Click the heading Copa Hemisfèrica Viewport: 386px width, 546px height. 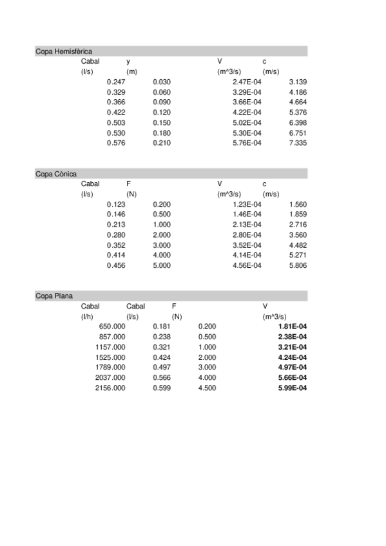coord(63,51)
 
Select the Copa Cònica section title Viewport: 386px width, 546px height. coord(56,174)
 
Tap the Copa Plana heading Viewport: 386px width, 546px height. coord(53,296)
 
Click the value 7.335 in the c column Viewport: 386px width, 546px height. coord(298,143)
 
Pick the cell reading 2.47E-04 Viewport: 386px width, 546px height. coord(247,82)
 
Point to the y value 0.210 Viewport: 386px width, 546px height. coord(162,143)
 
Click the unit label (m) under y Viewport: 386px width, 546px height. coord(132,71)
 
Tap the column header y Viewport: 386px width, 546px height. coord(128,61)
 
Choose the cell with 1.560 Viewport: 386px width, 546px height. coord(298,204)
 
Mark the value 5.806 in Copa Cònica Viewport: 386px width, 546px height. coord(298,265)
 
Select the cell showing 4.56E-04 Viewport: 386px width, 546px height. coord(247,265)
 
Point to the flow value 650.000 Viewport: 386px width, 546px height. coord(112,326)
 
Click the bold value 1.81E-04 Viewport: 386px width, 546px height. coord(292,326)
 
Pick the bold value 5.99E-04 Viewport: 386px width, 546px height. coord(292,388)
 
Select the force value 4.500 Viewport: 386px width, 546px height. coord(207,388)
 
